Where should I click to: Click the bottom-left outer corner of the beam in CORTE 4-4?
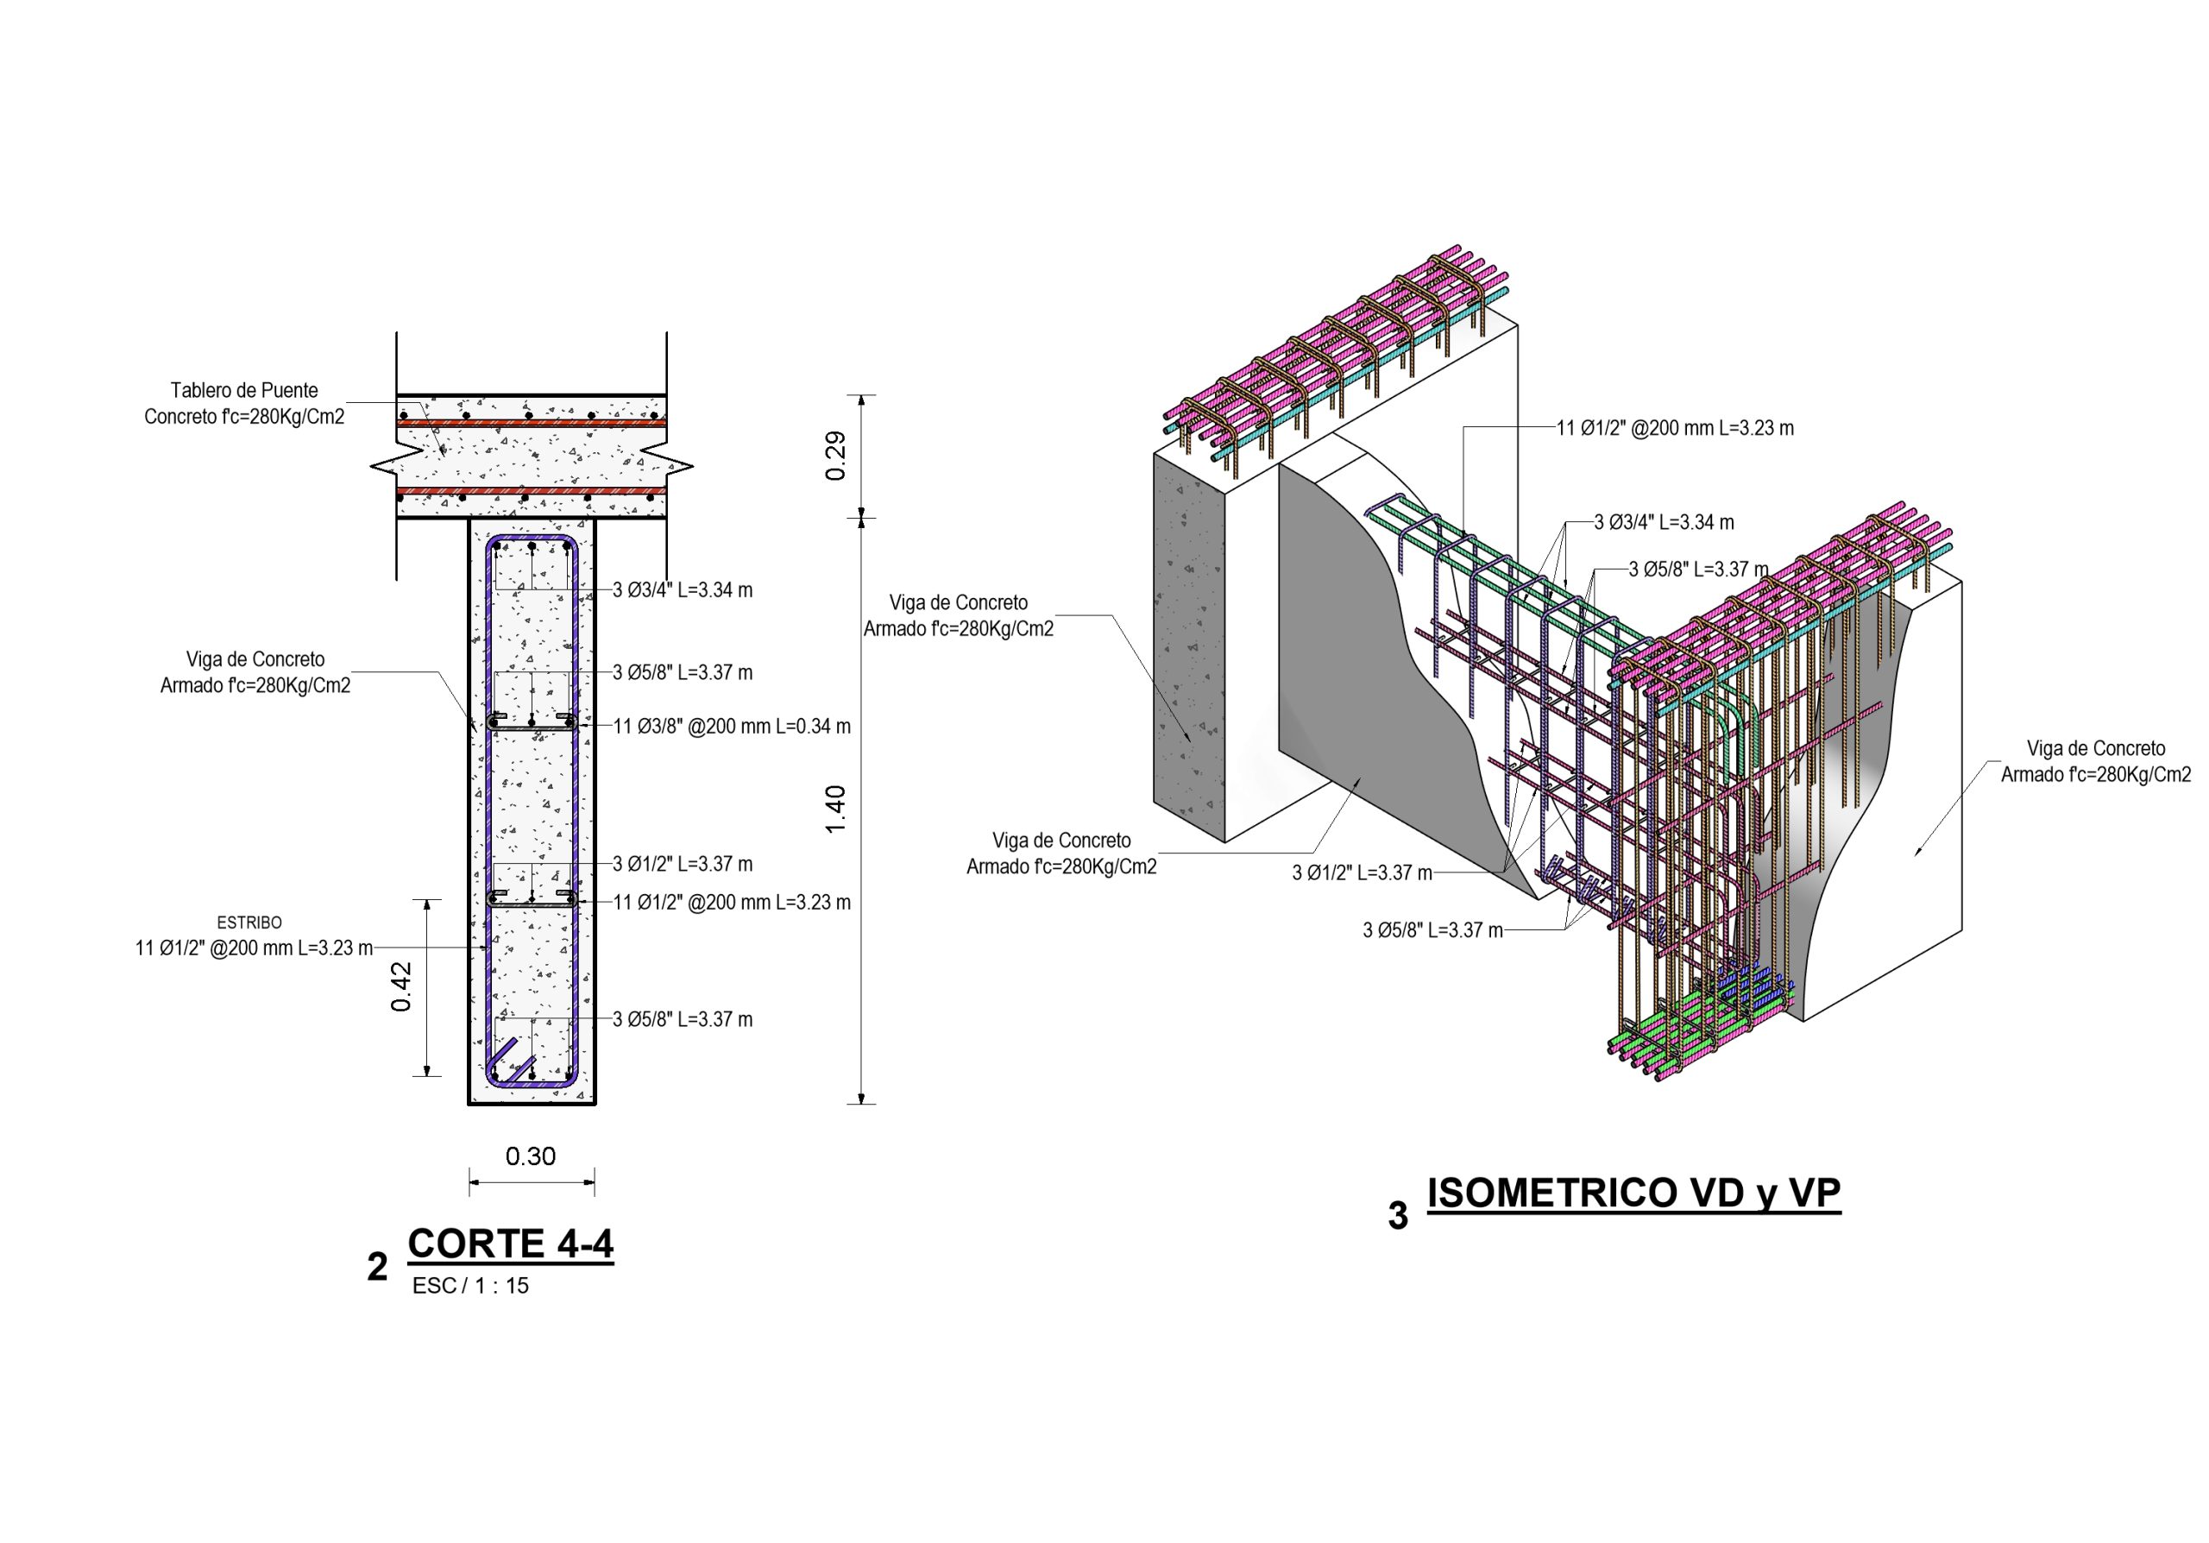pyautogui.click(x=469, y=1104)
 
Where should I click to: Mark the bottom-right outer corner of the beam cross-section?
pyautogui.click(x=595, y=1104)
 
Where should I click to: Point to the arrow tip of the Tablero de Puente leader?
pyautogui.click(x=444, y=455)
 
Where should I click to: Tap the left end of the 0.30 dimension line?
pyautogui.click(x=469, y=1181)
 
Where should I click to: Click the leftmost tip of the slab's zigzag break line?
pyautogui.click(x=372, y=467)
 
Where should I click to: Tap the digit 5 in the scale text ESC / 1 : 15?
pyautogui.click(x=524, y=1286)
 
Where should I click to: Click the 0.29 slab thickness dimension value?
pyautogui.click(x=836, y=456)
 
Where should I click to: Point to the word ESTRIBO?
pyautogui.click(x=249, y=923)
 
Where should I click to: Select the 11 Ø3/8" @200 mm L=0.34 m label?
pyautogui.click(x=733, y=727)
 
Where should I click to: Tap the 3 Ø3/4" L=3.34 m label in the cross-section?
pyautogui.click(x=683, y=589)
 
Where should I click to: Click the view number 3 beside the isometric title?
pyautogui.click(x=1398, y=1216)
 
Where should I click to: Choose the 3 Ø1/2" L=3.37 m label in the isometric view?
pyautogui.click(x=1363, y=872)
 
